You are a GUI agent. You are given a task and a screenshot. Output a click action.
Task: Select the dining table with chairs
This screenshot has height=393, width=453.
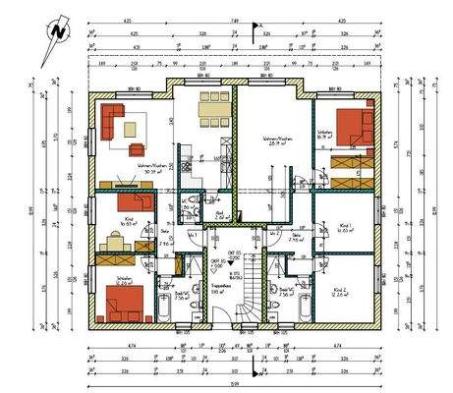(x=209, y=115)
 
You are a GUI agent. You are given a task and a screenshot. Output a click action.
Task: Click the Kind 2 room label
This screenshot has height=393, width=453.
(x=340, y=291)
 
